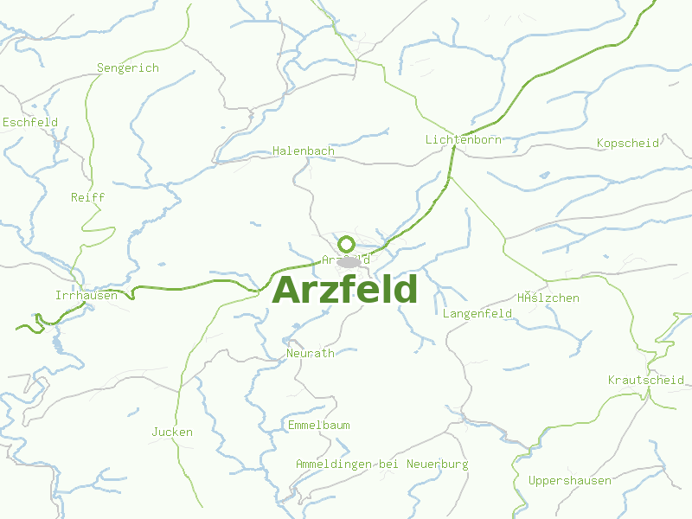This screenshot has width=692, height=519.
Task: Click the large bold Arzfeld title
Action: pos(345,290)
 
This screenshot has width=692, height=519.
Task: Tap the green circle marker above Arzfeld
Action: pos(346,244)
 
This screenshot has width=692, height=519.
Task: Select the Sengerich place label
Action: pos(128,68)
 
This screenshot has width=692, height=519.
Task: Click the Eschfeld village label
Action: pos(30,123)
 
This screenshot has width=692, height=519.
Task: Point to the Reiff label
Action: pos(87,198)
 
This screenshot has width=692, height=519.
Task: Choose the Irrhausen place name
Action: pos(86,296)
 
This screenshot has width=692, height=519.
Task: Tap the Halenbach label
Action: pos(303,151)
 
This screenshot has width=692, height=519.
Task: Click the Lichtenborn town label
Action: pos(463,140)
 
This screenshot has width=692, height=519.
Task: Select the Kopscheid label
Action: pos(628,143)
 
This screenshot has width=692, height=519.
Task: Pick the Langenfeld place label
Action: pos(477,314)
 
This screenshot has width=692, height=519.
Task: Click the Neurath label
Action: pos(310,354)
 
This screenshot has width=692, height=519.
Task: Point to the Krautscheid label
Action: pos(645,381)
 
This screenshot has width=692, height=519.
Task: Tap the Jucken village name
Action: pos(172,432)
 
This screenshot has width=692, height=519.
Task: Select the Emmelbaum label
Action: pos(318,426)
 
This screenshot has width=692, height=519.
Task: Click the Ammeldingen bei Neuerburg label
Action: pos(381,465)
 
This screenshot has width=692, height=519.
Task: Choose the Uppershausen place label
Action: pos(569,481)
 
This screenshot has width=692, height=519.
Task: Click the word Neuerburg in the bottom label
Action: pos(437,465)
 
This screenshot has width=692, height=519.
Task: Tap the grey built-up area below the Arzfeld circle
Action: pos(349,262)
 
